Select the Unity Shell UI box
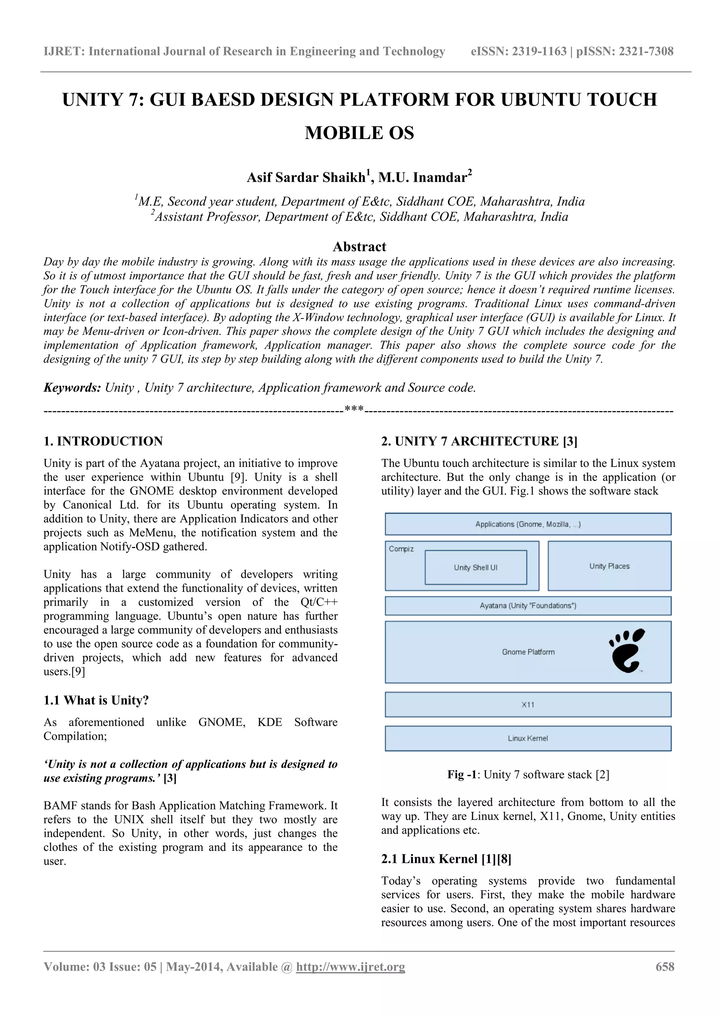[475, 567]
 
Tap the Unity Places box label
[609, 566]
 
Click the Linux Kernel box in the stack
[528, 738]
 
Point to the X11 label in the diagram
[528, 705]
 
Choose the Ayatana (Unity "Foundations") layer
[528, 606]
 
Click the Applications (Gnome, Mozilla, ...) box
[528, 524]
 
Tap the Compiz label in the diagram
[401, 549]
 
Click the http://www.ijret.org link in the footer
[350, 966]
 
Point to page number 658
[665, 966]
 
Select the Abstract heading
[359, 246]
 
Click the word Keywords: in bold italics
[72, 388]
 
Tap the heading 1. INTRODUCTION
[103, 441]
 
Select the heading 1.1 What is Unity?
[96, 700]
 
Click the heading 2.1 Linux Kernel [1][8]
[446, 859]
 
